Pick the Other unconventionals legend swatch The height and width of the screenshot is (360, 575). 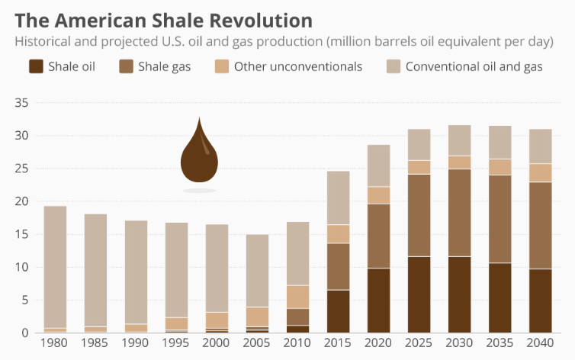[222, 66]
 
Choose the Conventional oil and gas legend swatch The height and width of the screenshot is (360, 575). [394, 66]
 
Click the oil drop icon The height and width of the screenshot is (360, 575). [199, 156]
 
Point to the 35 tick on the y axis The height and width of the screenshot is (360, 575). [21, 103]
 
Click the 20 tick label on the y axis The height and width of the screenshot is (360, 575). [21, 201]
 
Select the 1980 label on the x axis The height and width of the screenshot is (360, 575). [55, 345]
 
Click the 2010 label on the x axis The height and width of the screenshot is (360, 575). [297, 345]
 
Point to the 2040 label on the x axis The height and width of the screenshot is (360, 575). [540, 345]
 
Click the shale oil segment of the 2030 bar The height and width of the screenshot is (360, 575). [460, 294]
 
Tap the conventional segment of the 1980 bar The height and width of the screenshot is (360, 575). [55, 267]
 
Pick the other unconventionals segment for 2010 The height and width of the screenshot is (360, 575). [297, 297]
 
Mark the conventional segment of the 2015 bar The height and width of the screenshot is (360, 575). [338, 198]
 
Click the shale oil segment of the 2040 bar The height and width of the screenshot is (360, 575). [540, 301]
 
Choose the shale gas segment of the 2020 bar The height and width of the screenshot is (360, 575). [379, 236]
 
